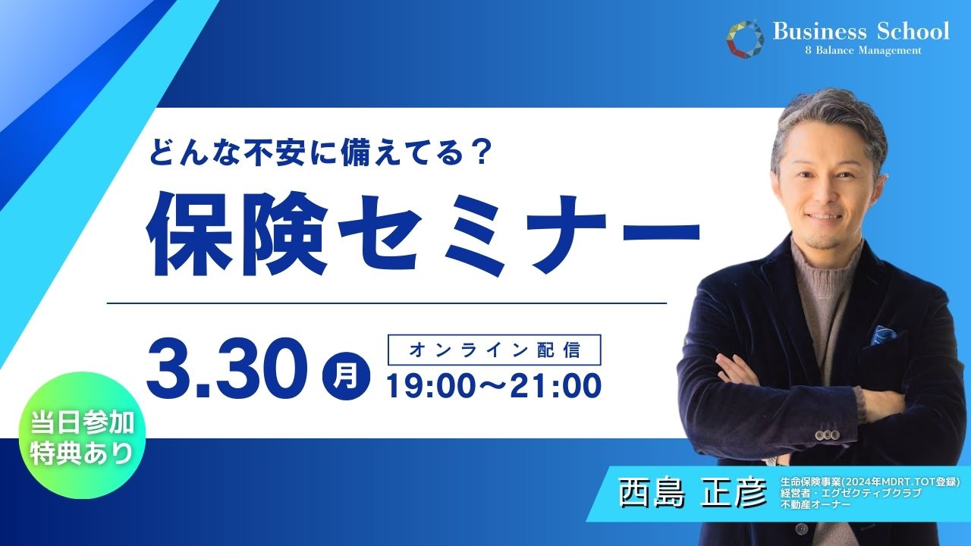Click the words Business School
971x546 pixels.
point(861,31)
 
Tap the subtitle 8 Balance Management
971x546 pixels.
point(863,51)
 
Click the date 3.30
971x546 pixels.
point(227,369)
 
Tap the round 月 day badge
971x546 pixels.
point(346,375)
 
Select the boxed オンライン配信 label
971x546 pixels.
point(494,350)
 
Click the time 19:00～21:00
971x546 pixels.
point(494,386)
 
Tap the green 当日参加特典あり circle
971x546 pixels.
point(82,435)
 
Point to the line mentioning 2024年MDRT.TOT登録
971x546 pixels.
point(870,482)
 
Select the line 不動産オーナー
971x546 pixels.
point(815,504)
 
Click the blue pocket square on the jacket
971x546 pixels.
point(884,335)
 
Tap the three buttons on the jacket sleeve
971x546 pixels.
point(827,435)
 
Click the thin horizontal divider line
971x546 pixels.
point(386,303)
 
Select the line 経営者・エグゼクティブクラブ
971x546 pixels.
point(850,493)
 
